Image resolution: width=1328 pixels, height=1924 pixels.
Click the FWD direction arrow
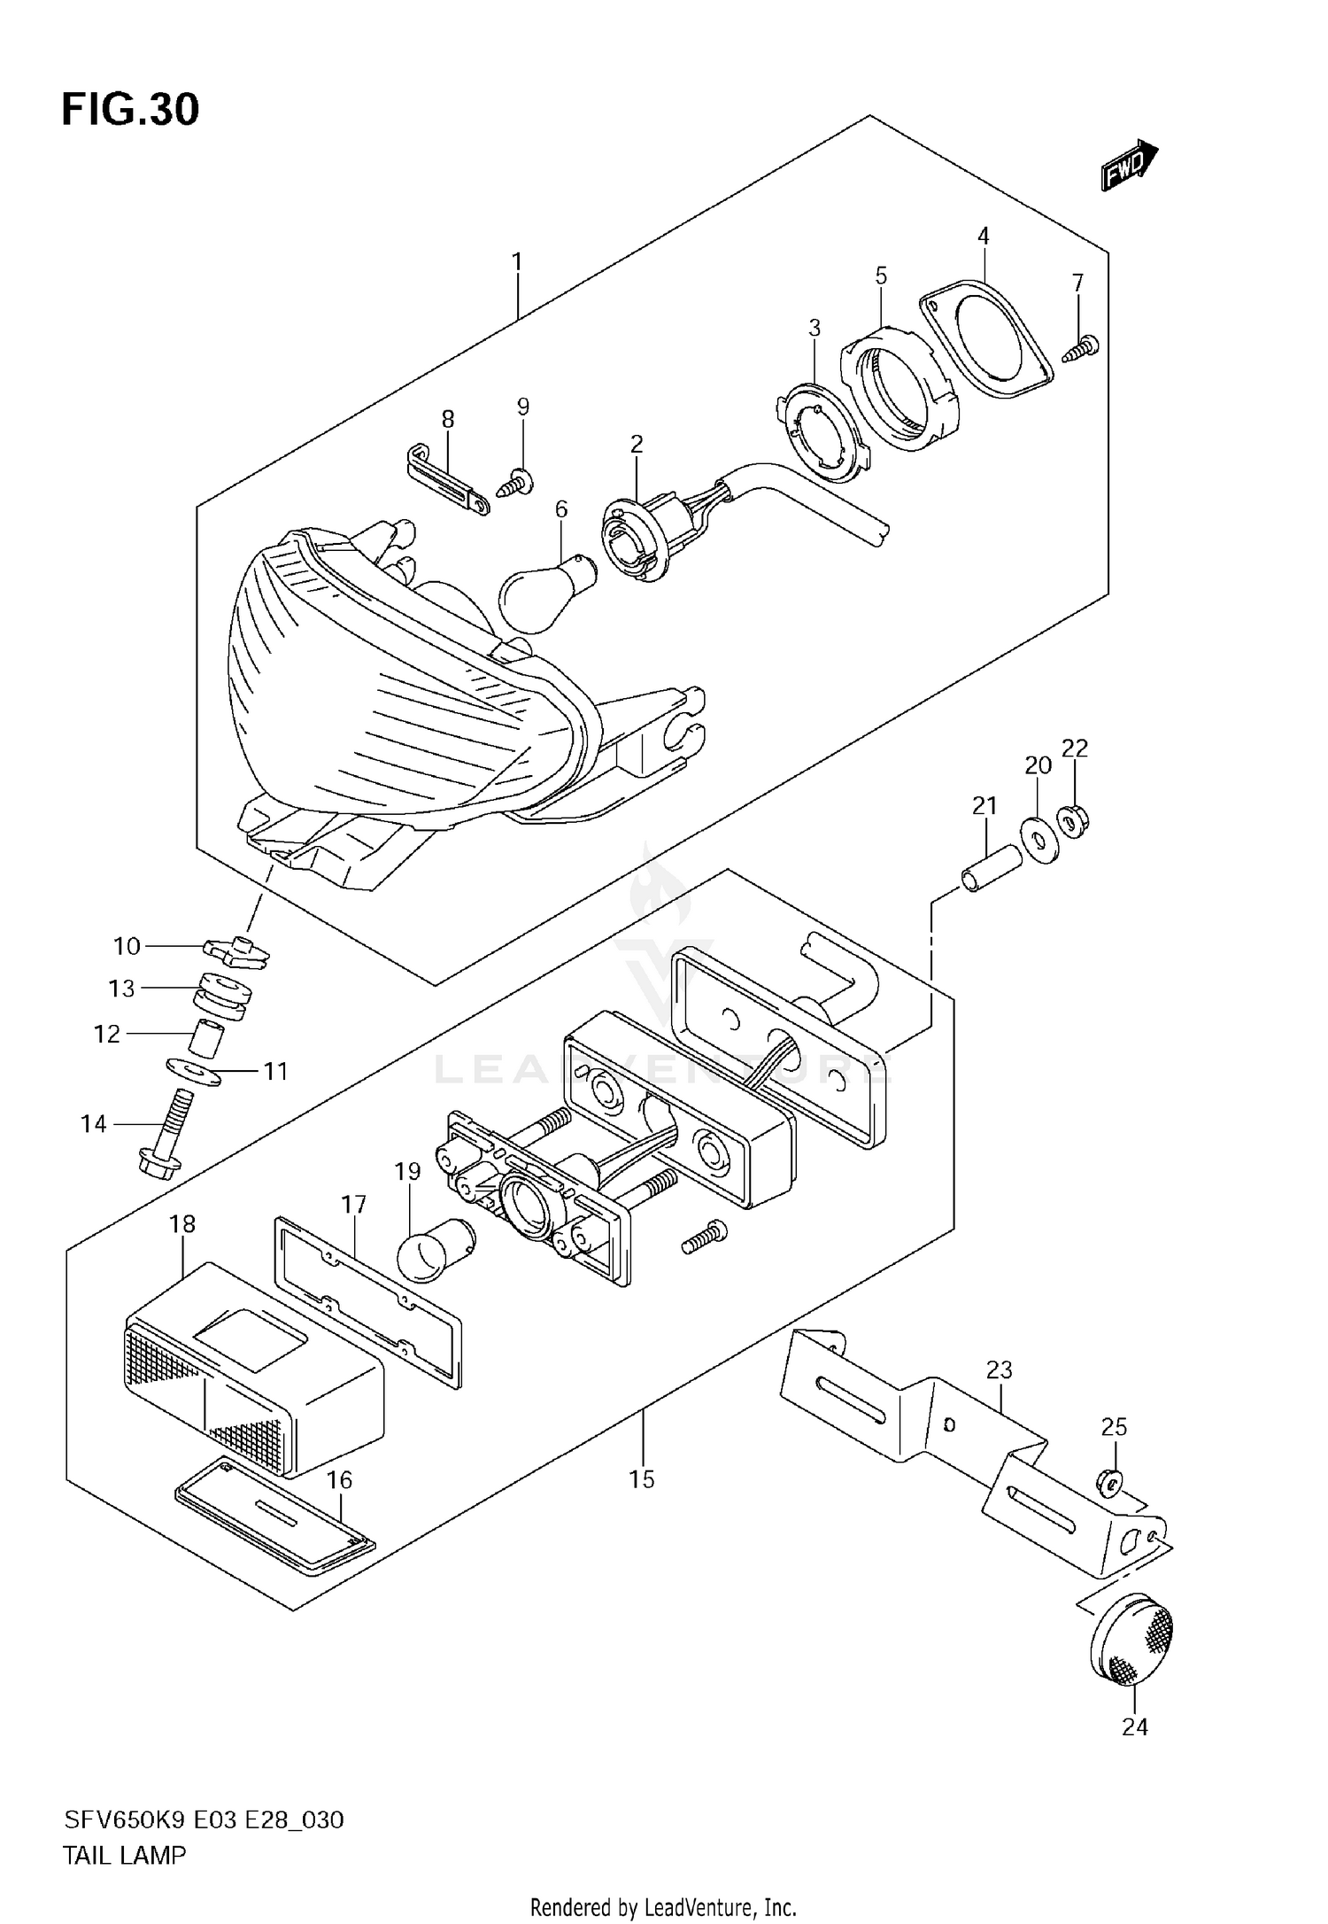coord(1130,166)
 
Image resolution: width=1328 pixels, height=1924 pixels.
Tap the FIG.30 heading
coord(130,110)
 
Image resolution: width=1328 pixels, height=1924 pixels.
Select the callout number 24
coord(1135,1726)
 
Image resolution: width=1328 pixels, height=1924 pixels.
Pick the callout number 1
coord(517,262)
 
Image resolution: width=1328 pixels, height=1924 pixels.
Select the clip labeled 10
coord(235,952)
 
